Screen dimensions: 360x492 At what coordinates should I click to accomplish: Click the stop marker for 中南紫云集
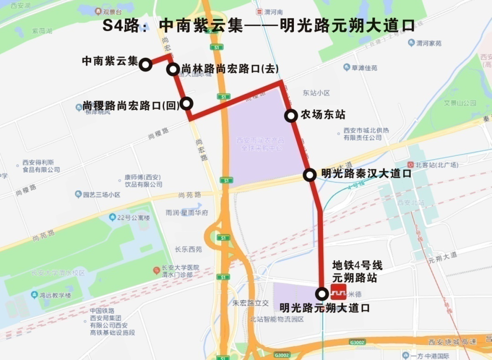pyautogui.click(x=146, y=65)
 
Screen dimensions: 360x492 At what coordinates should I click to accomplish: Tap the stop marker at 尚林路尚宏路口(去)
pyautogui.click(x=173, y=69)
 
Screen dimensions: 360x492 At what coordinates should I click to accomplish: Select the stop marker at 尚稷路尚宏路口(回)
pyautogui.click(x=187, y=103)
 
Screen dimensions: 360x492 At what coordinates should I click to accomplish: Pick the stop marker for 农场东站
pyautogui.click(x=291, y=116)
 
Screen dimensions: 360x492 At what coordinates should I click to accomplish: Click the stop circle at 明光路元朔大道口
pyautogui.click(x=322, y=293)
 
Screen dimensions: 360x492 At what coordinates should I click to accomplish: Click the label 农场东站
pyautogui.click(x=323, y=115)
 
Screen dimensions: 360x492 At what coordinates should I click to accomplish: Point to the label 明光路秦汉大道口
pyautogui.click(x=366, y=174)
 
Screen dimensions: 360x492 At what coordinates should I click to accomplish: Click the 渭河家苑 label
pyautogui.click(x=429, y=43)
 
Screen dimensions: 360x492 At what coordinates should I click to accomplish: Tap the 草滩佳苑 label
pyautogui.click(x=364, y=67)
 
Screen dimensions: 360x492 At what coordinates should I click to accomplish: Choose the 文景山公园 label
pyautogui.click(x=460, y=103)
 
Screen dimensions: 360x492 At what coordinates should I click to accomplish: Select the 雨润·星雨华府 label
pyautogui.click(x=187, y=212)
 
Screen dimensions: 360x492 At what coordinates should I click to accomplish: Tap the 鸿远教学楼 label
pyautogui.click(x=55, y=295)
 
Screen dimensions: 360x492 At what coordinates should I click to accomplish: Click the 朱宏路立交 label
pyautogui.click(x=251, y=303)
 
